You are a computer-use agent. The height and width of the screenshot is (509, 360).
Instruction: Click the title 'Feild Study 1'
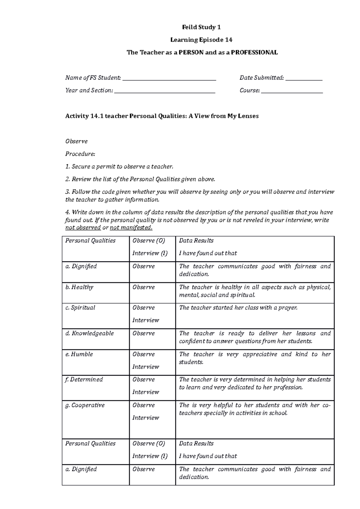tap(201, 27)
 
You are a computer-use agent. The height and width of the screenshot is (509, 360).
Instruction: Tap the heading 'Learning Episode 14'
tap(201, 40)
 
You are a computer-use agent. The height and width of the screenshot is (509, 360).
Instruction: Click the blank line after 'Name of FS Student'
tap(169, 79)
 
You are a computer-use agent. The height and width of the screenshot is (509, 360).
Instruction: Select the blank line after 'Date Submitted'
tap(304, 79)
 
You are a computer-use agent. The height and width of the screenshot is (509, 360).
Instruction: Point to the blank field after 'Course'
tap(292, 91)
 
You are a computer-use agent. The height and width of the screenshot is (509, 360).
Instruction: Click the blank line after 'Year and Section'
tap(165, 91)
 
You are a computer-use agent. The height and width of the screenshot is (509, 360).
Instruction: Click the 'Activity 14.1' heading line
tap(162, 116)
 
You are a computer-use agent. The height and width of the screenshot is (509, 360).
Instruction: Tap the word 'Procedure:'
tap(80, 154)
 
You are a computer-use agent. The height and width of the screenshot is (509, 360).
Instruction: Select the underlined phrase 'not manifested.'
tap(131, 228)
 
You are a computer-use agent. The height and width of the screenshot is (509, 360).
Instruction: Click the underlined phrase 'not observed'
tap(83, 228)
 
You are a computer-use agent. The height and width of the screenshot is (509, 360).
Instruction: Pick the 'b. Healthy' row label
tap(79, 287)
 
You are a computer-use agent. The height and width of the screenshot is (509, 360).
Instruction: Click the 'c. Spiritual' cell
tap(80, 308)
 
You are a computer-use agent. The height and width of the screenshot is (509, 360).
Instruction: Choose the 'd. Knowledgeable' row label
tap(89, 333)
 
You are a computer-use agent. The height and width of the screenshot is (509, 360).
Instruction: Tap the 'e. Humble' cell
tap(79, 354)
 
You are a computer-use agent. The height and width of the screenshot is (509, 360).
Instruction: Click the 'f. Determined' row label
tap(84, 380)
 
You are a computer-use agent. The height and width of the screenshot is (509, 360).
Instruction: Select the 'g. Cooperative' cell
tap(85, 405)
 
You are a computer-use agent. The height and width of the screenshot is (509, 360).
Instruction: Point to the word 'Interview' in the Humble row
tap(145, 367)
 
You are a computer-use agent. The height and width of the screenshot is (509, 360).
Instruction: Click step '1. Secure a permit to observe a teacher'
tap(119, 167)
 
